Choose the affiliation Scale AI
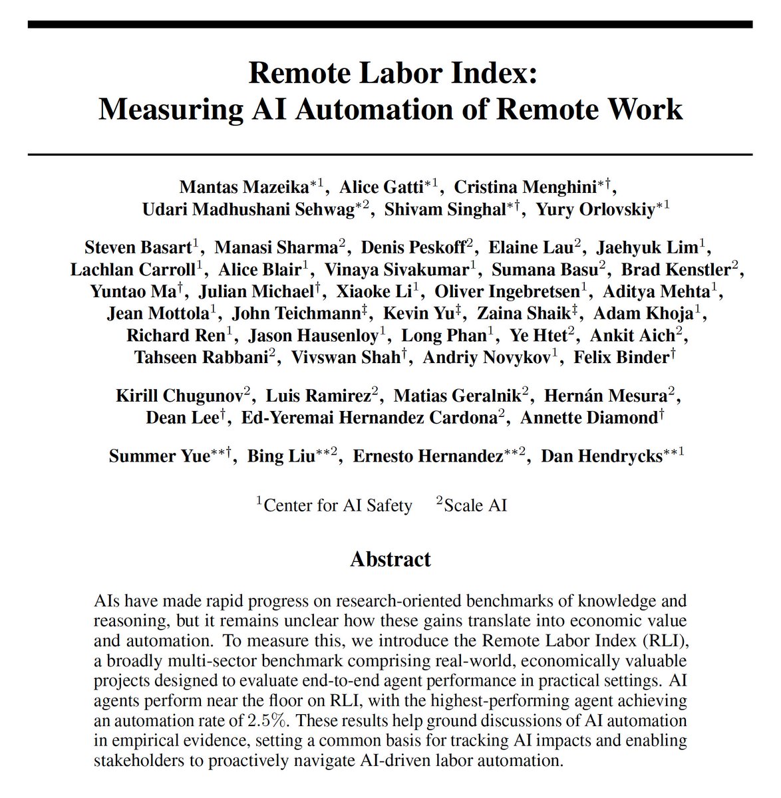475,506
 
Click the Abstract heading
390,559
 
